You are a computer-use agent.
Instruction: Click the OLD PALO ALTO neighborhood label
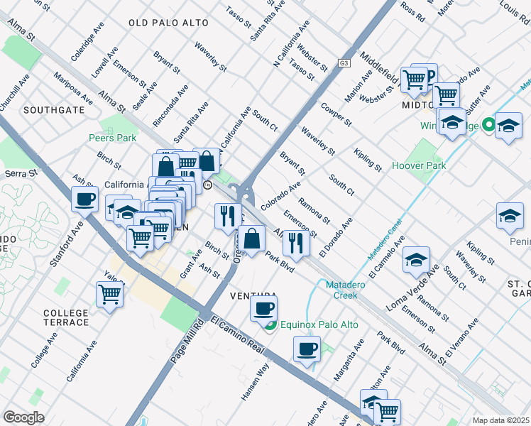[x=169, y=23]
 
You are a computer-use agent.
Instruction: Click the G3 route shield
[x=344, y=62]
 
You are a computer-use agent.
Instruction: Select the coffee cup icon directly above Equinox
[x=263, y=308]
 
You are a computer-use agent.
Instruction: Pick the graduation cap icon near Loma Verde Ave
[x=417, y=259]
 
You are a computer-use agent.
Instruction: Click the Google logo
[x=23, y=417]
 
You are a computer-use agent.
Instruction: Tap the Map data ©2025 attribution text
[x=501, y=420]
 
